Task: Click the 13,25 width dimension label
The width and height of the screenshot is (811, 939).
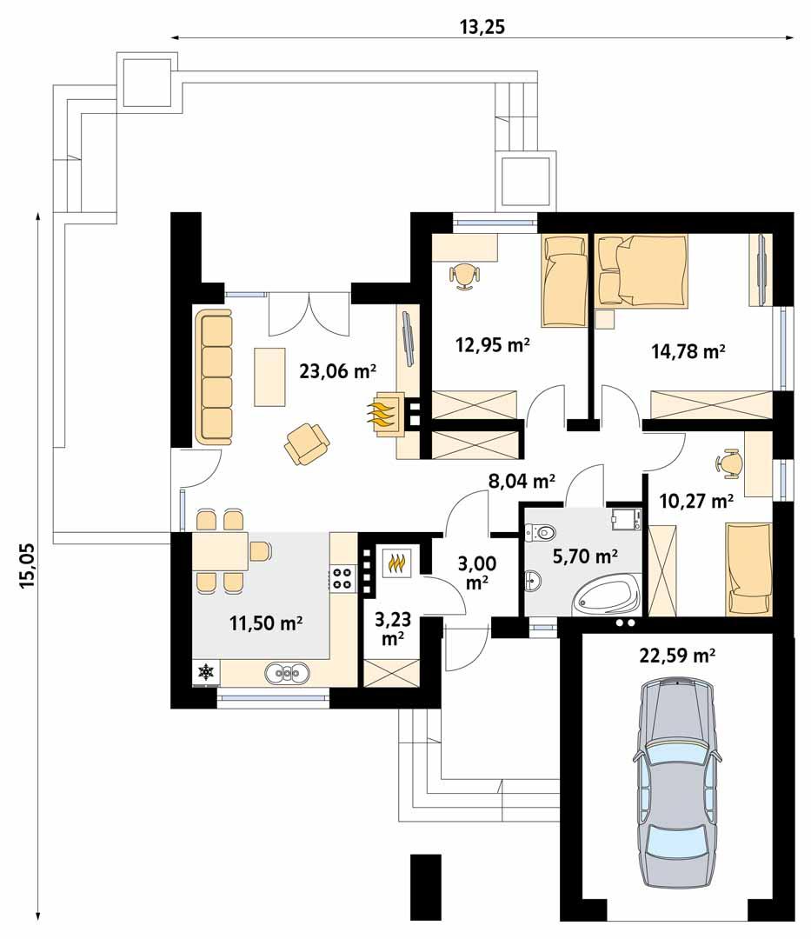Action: tap(482, 26)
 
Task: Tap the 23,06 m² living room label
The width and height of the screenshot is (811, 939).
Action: tap(337, 371)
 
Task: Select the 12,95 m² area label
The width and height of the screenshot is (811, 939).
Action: tap(493, 344)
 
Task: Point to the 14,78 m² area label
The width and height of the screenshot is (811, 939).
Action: tap(688, 351)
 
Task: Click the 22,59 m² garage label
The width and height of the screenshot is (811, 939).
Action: tap(677, 656)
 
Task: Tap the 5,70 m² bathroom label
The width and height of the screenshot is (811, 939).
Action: tap(585, 554)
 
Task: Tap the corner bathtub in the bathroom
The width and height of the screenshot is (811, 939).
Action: tap(605, 596)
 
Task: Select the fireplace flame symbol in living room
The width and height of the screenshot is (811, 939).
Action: tap(386, 413)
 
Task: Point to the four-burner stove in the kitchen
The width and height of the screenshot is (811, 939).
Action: tap(342, 578)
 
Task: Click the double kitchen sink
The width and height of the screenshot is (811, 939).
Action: tap(288, 671)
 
